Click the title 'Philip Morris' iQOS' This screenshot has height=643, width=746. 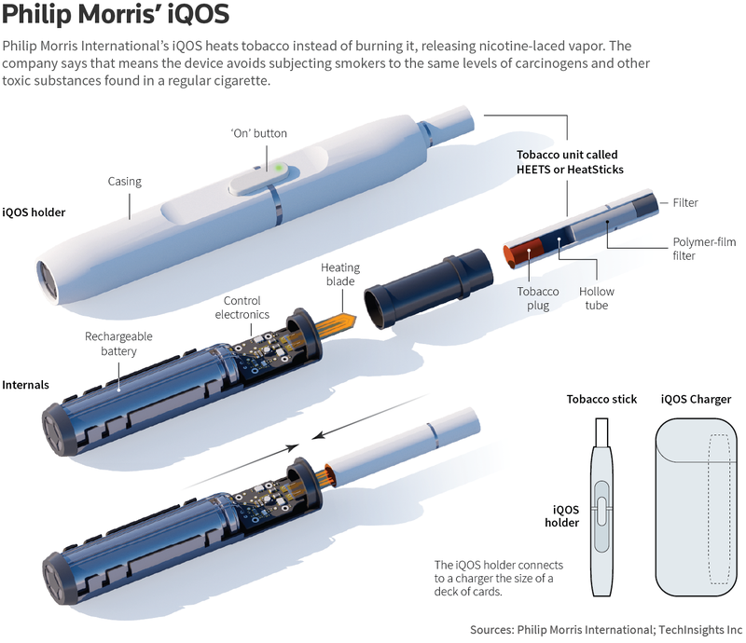(x=116, y=14)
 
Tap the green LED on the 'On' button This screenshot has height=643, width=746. (x=279, y=168)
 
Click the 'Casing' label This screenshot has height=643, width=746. (x=125, y=181)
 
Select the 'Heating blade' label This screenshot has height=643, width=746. (x=340, y=274)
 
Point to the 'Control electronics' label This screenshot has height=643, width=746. (x=242, y=308)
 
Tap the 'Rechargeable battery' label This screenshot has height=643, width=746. (x=118, y=343)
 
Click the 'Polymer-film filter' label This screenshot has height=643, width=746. (x=704, y=249)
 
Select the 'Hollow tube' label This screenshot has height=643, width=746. (x=597, y=298)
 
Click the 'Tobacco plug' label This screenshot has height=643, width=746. (x=538, y=298)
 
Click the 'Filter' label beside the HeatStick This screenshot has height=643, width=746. (x=685, y=202)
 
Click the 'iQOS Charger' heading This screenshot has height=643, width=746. (x=696, y=399)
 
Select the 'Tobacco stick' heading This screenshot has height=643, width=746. (x=601, y=399)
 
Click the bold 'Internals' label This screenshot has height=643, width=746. (x=26, y=385)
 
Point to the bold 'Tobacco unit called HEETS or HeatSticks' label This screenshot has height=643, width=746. (x=570, y=162)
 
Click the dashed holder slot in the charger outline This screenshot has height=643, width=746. (x=720, y=509)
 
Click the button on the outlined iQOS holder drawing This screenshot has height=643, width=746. (x=601, y=512)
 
